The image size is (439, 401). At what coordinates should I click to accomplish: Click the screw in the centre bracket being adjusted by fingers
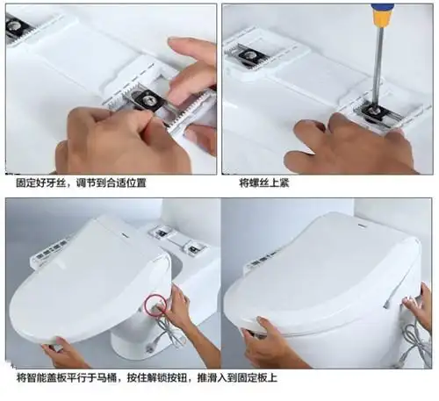click(x=150, y=101)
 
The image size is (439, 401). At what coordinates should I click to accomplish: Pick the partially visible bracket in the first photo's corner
click(x=17, y=28)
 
